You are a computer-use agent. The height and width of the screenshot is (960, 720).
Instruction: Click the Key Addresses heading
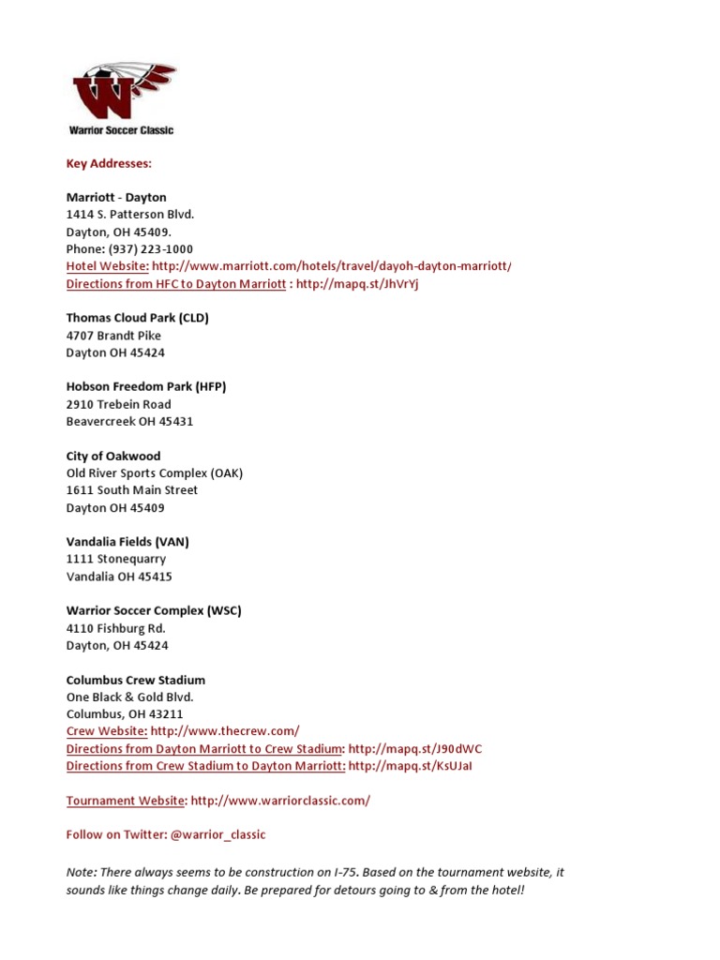click(109, 163)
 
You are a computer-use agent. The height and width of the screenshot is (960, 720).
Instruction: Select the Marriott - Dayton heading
click(116, 198)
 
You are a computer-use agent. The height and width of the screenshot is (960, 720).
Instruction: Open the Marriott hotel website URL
click(332, 266)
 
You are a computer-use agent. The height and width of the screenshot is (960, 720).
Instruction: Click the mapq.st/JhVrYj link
click(356, 284)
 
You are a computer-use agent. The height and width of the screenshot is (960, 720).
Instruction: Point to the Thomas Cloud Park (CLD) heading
click(137, 318)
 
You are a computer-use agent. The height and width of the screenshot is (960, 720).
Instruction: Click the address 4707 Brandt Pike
click(113, 336)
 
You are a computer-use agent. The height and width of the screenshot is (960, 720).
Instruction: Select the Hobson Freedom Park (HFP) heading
click(146, 387)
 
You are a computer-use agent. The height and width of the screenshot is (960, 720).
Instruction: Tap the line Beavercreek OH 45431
click(129, 422)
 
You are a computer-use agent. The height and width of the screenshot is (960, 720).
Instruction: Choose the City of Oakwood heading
click(113, 457)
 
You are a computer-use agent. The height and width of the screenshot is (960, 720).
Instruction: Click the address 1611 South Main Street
click(132, 490)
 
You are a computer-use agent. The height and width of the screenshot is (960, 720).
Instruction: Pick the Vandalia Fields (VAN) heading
click(127, 542)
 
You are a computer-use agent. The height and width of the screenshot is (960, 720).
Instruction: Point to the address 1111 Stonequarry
click(116, 560)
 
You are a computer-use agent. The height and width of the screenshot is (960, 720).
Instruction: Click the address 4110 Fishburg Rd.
click(115, 628)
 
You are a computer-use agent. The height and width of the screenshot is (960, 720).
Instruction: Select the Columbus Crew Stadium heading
click(136, 680)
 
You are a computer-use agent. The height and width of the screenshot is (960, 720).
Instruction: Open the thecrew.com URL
click(225, 731)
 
